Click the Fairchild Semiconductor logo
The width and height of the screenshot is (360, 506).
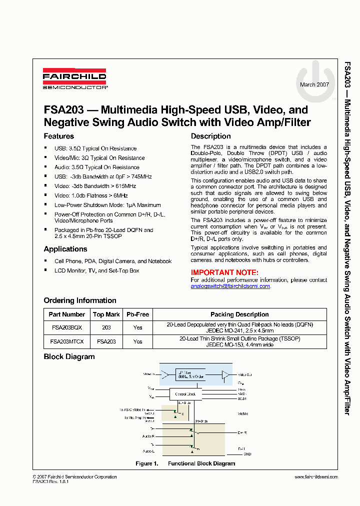point(74,79)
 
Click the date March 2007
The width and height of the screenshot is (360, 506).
point(314,84)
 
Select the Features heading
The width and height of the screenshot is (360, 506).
point(59,136)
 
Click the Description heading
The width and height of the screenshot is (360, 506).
point(210,136)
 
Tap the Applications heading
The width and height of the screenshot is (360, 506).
point(65,249)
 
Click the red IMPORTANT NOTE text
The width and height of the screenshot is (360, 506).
point(224,272)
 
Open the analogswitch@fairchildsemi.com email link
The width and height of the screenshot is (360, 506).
point(230,286)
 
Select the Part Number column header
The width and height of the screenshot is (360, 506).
point(67,314)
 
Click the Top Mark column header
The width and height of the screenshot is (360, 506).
point(106,314)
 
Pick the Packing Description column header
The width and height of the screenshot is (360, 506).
point(239,314)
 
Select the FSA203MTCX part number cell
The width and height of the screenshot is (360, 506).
point(67,341)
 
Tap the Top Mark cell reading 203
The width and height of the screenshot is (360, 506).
point(106,327)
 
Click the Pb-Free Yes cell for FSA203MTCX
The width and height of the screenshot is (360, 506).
point(137,341)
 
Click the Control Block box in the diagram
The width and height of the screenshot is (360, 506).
point(185,394)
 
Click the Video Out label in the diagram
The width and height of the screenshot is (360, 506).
point(245,374)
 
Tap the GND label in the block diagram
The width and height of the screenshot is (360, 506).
point(247,454)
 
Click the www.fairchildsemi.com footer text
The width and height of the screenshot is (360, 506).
point(316,477)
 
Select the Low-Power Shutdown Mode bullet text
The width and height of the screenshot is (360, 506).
point(107,205)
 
